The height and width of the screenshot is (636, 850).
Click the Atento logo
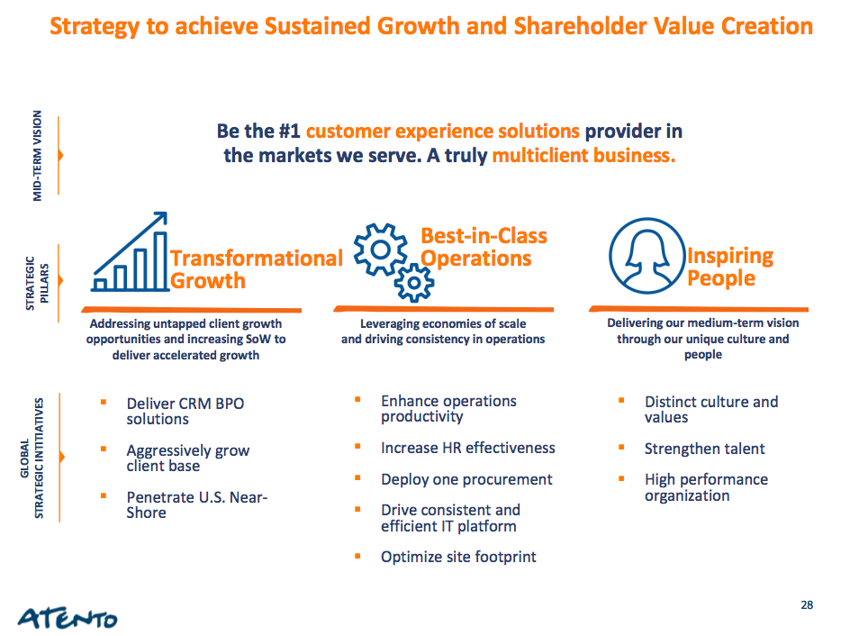click(68, 618)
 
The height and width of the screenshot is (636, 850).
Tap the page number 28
click(807, 605)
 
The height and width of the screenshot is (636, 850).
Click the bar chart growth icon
click(130, 251)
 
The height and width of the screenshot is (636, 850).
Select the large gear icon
click(380, 250)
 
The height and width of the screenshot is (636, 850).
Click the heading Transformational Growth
click(257, 269)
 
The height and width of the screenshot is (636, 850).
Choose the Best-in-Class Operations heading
click(484, 247)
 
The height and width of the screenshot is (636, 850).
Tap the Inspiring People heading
click(730, 267)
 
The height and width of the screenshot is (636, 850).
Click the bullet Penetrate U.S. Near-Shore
click(197, 504)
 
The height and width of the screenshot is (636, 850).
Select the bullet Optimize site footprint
click(458, 557)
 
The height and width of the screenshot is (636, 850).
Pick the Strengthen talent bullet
click(704, 449)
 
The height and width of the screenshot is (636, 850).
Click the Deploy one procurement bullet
click(466, 479)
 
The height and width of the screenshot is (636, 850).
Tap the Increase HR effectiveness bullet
click(468, 448)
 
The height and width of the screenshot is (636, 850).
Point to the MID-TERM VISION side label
click(37, 156)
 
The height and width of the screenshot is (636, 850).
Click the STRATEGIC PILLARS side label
click(38, 283)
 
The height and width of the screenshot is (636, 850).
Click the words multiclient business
click(583, 156)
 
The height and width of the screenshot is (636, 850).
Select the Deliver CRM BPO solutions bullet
click(185, 411)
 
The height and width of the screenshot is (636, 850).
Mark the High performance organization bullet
click(706, 487)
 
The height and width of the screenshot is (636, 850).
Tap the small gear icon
click(414, 283)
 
